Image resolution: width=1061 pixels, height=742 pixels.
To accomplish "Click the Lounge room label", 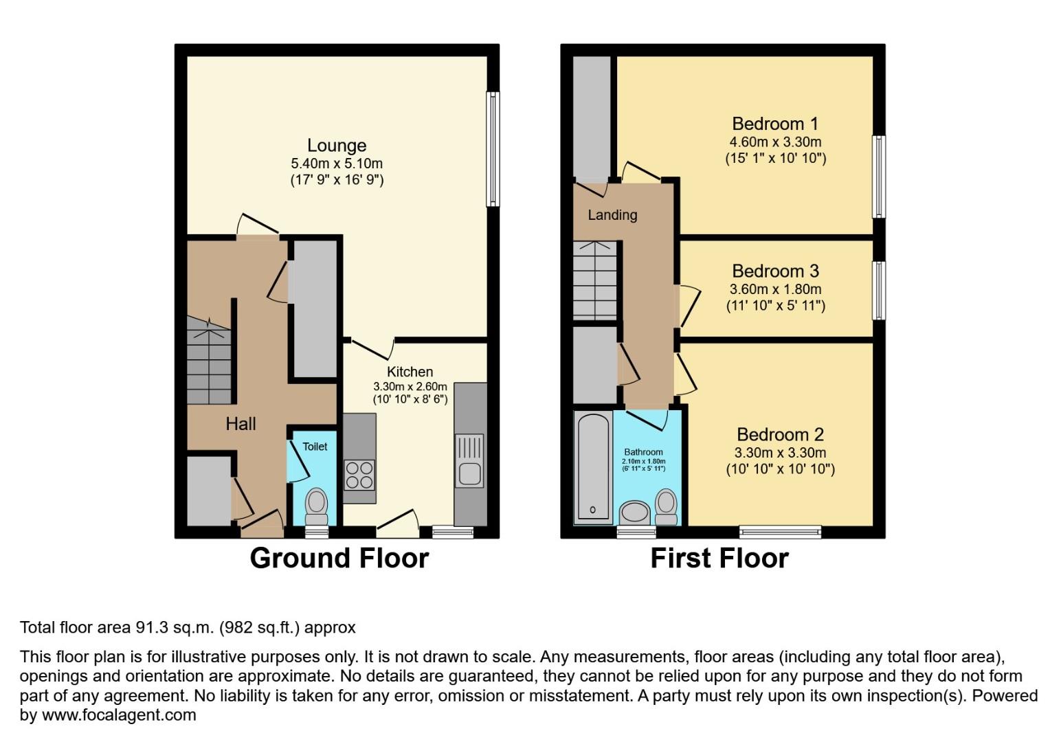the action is pos(337,146).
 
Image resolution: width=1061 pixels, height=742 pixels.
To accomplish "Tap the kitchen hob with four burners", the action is pos(359,475).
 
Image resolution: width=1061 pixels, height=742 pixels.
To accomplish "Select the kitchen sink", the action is pos(469,461).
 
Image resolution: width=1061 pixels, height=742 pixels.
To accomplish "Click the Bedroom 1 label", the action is pos(775,124).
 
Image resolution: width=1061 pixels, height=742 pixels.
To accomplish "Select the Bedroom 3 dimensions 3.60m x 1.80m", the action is pos(775,289).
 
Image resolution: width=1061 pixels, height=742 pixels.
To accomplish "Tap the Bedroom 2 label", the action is pos(780,435).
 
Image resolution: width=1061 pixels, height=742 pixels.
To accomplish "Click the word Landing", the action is pos(612,216).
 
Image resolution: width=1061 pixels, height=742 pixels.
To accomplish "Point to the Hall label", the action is pos(241,424).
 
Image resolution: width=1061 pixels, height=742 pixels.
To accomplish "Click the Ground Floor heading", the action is pos(339,559).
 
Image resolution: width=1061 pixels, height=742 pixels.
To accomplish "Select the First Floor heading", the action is pos(719,559).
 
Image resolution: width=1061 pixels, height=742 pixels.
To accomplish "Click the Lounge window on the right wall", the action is pos(493,149).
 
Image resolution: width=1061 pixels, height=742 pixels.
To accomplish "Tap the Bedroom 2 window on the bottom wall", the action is pos(780,532).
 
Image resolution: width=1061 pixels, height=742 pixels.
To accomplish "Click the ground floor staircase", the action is pos(208,360).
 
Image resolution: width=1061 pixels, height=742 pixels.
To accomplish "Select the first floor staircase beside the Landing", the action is pos(595,280).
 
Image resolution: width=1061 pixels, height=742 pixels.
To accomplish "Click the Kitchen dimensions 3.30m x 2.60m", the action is pos(410,386).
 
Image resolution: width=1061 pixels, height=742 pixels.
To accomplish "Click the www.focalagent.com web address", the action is pos(119,715).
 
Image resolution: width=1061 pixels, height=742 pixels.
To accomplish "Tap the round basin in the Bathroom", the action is pos(634,512).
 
